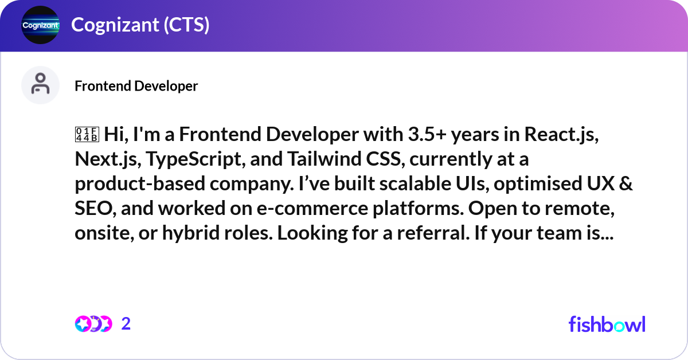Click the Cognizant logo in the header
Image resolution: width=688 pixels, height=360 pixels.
(40, 25)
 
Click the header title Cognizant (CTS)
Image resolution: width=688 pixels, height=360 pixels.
(140, 25)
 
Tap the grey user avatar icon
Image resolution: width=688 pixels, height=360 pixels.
(40, 85)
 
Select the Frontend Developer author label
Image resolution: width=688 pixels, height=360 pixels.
(136, 86)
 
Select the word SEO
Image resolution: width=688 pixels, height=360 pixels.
(93, 209)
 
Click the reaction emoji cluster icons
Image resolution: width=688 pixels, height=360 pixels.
(93, 324)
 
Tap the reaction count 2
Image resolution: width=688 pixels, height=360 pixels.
(126, 324)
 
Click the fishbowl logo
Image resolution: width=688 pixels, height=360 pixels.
(607, 324)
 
